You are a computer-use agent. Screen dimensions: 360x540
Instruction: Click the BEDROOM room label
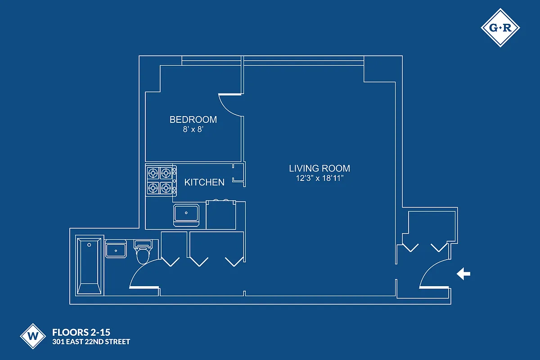[193, 120]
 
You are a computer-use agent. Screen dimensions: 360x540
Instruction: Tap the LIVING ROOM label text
[319, 168]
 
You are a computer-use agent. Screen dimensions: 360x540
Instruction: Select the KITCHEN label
[204, 182]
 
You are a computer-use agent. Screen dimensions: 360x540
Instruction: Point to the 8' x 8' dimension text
[193, 129]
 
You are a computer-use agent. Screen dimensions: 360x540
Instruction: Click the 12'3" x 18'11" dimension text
[319, 178]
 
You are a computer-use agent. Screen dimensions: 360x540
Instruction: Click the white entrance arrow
[463, 274]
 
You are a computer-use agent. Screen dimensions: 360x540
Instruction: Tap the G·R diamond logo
[500, 28]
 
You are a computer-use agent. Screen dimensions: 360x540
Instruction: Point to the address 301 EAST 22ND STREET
[91, 342]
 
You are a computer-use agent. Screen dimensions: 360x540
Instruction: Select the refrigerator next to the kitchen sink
[221, 215]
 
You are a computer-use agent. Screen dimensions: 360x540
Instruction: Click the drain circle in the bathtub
[89, 245]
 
